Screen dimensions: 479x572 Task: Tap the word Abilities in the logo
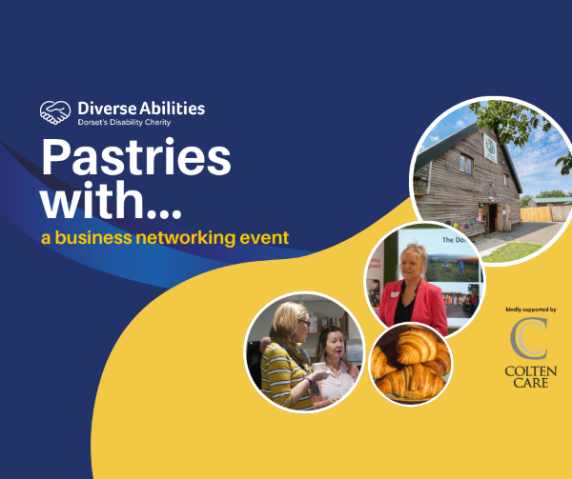tap(170, 110)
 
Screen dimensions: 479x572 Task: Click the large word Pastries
tap(135, 159)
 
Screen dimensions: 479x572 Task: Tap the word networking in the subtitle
tap(183, 237)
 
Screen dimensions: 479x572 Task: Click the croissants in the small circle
tap(410, 363)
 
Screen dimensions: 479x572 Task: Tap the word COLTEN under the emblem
tap(526, 369)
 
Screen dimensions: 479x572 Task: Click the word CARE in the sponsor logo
tap(526, 382)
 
